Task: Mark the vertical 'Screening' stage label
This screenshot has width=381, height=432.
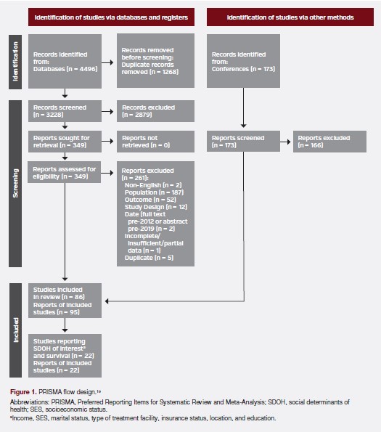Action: [14, 184]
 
